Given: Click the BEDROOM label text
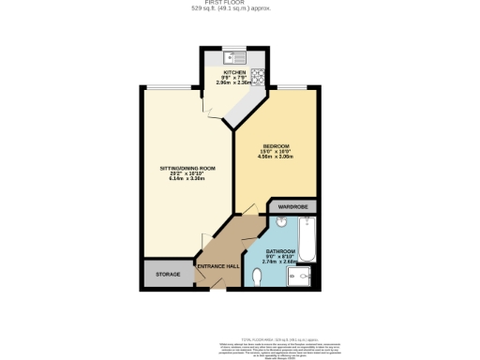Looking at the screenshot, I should [276, 146].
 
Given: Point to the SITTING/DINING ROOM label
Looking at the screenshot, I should [187, 168].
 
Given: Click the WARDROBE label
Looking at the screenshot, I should [292, 207].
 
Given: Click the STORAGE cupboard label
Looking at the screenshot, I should [168, 275].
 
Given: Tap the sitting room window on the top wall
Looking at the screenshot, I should [171, 87].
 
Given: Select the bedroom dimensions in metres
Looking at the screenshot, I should [276, 157].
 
